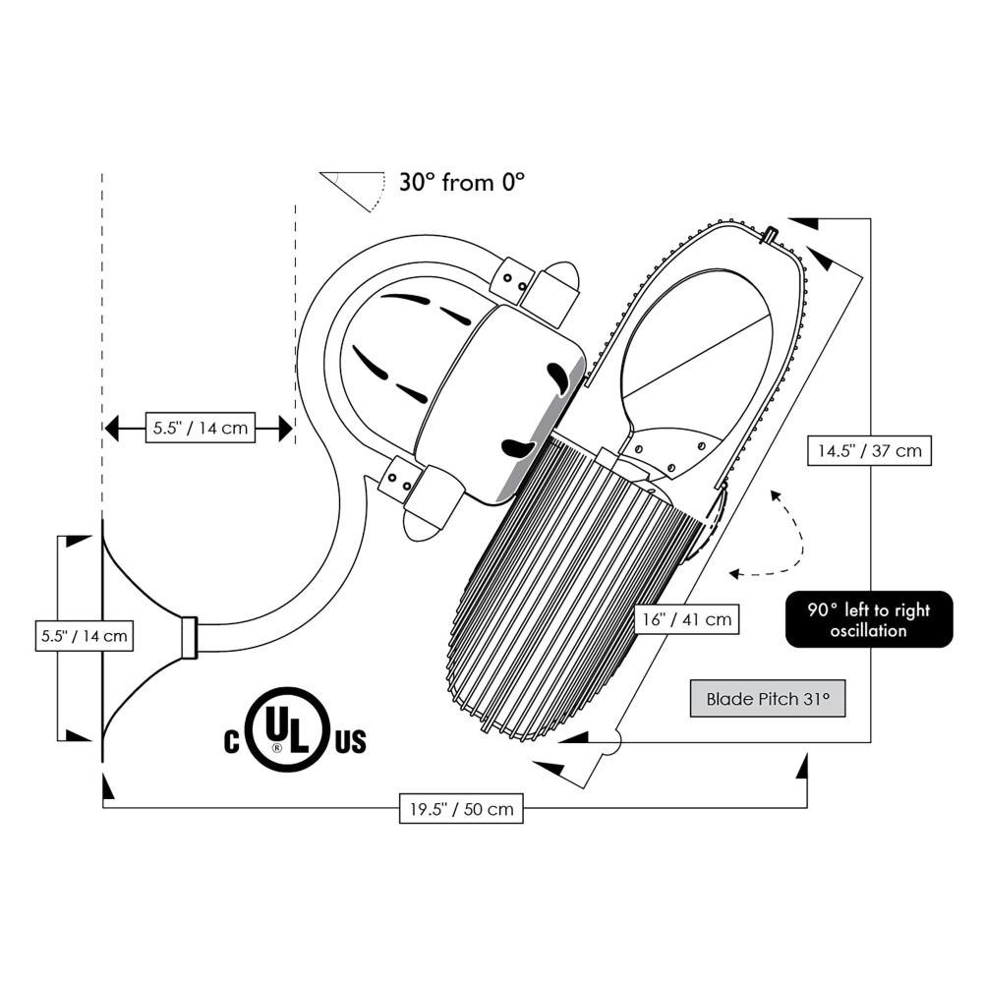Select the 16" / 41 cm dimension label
pyautogui.click(x=686, y=619)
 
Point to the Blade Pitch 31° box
pyautogui.click(x=768, y=700)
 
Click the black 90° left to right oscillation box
pyautogui.click(x=869, y=619)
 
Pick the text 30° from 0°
pyautogui.click(x=462, y=182)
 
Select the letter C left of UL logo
pyautogui.click(x=232, y=740)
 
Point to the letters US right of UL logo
pyautogui.click(x=350, y=740)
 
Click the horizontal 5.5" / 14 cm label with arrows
pyautogui.click(x=201, y=428)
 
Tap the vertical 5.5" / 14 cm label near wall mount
pyautogui.click(x=84, y=635)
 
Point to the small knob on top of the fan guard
pyautogui.click(x=770, y=235)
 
